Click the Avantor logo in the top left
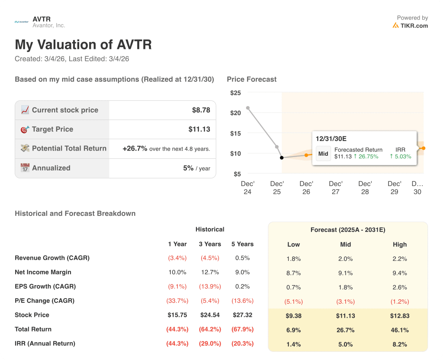coord(22,22)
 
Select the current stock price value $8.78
coord(201,110)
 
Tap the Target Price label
coord(52,129)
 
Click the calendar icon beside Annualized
coord(25,168)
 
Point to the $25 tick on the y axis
coord(235,93)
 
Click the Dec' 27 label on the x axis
coord(335,188)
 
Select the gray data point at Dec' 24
coord(247,108)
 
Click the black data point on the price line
coord(282,157)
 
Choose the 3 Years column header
coord(210,244)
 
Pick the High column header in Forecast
coord(399,244)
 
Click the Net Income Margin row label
coord(43,272)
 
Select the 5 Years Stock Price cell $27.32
coord(242,315)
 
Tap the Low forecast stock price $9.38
coord(293,316)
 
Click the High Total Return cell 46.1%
coord(399,330)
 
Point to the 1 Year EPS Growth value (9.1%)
coord(177,286)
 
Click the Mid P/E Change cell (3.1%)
coord(345,301)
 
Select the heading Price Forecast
coord(251,79)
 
